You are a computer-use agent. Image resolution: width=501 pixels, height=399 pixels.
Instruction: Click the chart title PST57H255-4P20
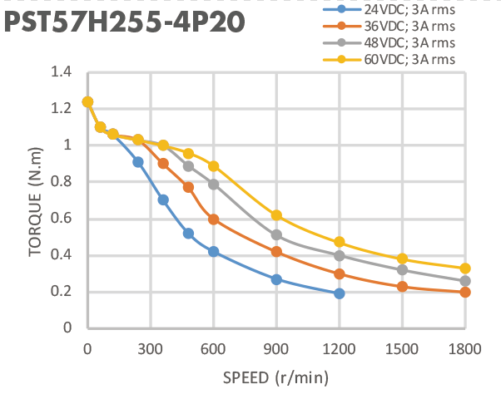125,22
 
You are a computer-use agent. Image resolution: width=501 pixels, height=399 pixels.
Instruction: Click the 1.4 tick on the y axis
60,72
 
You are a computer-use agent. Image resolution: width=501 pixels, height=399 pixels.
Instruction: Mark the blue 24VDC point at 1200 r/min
340,293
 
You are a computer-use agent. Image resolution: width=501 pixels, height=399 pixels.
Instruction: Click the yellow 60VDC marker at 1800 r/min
465,268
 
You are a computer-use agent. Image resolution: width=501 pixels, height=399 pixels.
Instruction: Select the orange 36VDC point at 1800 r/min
465,292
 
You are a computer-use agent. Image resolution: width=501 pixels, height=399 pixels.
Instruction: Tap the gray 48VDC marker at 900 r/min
276,235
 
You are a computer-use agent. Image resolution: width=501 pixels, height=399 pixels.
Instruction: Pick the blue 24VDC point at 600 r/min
213,251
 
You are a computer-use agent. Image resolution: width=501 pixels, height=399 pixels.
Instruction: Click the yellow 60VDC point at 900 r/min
276,215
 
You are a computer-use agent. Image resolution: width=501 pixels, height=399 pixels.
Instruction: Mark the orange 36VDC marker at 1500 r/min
403,287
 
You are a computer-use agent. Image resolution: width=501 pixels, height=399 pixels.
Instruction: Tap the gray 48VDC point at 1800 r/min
465,281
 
